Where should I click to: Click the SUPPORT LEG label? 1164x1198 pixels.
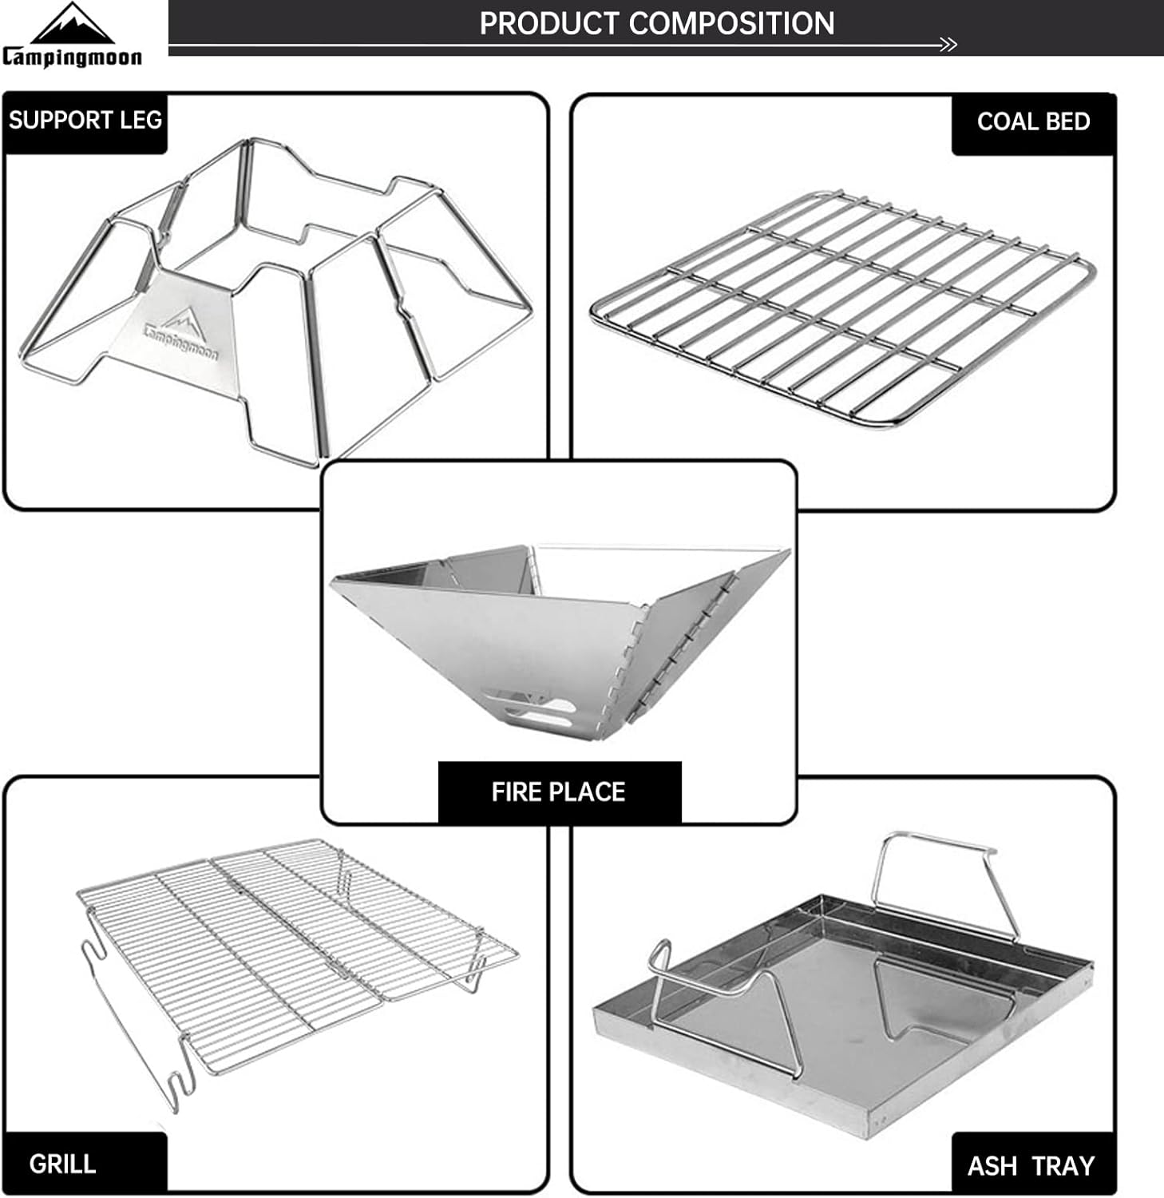[85, 121]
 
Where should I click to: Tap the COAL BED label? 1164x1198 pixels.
[1033, 121]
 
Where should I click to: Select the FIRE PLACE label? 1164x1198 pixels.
[558, 791]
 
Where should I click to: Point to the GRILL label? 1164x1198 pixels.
[62, 1164]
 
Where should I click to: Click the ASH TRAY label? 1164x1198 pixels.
[1031, 1166]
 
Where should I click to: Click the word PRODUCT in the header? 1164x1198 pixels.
[550, 23]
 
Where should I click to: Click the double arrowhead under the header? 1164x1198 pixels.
[948, 46]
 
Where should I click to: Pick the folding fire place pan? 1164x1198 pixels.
[560, 639]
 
